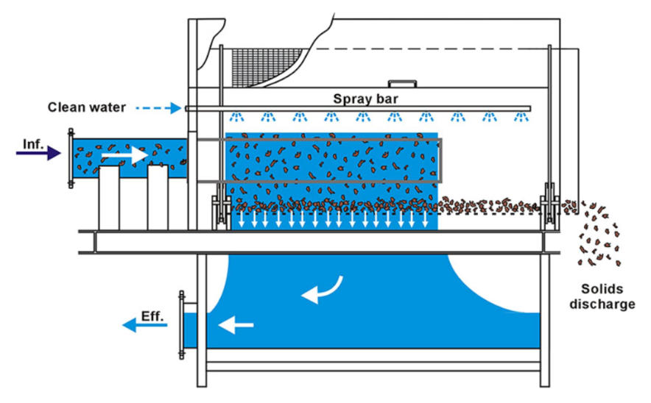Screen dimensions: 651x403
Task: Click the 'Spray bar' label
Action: click(x=365, y=99)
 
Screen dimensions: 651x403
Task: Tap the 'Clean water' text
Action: click(x=87, y=107)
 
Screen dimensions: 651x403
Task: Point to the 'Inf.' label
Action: click(x=33, y=144)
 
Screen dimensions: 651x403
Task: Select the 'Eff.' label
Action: click(x=152, y=316)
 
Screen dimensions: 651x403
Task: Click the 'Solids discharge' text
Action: click(x=602, y=296)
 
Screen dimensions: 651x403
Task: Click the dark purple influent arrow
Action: click(x=38, y=153)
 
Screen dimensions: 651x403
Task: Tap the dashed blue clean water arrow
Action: click(x=158, y=108)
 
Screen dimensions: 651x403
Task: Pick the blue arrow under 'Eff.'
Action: click(x=144, y=325)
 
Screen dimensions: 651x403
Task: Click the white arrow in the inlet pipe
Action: click(x=124, y=155)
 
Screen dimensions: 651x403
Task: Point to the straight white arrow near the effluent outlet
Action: click(x=236, y=325)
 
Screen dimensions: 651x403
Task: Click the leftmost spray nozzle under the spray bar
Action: click(x=236, y=117)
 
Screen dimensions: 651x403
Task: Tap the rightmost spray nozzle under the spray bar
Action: click(x=521, y=117)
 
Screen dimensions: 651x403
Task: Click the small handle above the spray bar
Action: click(x=402, y=84)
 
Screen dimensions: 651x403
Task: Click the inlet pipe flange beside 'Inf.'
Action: click(x=71, y=158)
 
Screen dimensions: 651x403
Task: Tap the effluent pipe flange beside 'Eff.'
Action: click(x=181, y=324)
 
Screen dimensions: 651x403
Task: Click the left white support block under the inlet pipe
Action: click(x=109, y=198)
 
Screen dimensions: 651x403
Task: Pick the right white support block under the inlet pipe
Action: click(x=158, y=197)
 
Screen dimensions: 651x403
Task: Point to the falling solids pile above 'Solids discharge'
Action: click(x=599, y=235)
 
